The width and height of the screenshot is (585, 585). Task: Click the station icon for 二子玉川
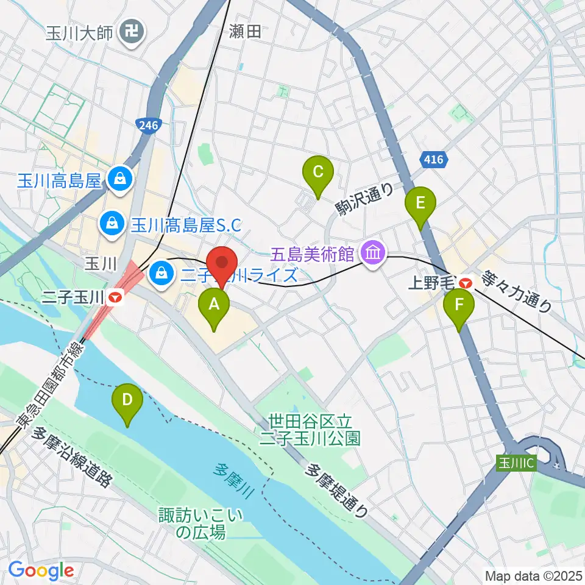(116, 297)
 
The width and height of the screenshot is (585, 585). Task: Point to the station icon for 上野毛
(466, 283)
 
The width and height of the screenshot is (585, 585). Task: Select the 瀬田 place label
(246, 32)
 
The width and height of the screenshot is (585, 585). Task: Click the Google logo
(41, 570)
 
